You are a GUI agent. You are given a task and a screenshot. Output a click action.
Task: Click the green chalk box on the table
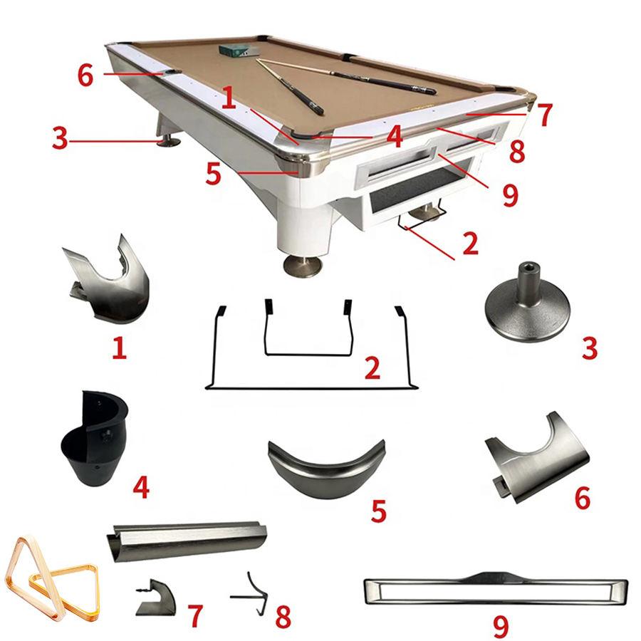point(239,50)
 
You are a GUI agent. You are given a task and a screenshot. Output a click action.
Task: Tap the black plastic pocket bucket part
point(95,438)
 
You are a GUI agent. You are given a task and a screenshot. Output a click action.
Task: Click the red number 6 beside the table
point(85,75)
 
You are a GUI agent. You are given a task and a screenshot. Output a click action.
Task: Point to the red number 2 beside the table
point(470,244)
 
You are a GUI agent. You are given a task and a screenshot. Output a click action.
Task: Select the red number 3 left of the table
point(60,137)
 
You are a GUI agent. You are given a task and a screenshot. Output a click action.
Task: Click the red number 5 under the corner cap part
point(379,511)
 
